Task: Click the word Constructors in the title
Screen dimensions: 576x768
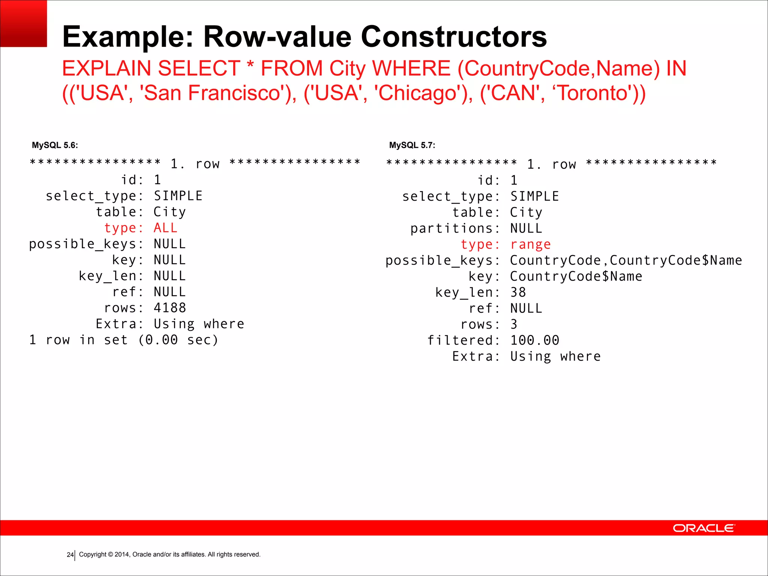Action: [x=454, y=37]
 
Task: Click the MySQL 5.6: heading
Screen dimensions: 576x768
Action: [x=55, y=145]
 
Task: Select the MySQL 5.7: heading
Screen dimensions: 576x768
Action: [x=412, y=145]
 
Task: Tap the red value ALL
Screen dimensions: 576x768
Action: [x=165, y=228]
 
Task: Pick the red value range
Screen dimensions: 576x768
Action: [x=530, y=244]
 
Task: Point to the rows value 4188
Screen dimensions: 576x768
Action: [x=169, y=308]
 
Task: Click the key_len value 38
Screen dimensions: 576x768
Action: [x=518, y=292]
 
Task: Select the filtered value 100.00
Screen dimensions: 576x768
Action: [x=534, y=340]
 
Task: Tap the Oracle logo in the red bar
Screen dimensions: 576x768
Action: [x=704, y=528]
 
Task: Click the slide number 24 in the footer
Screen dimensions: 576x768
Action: [x=70, y=555]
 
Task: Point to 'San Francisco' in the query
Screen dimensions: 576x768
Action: [x=212, y=93]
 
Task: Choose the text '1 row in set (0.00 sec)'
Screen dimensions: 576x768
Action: [x=124, y=340]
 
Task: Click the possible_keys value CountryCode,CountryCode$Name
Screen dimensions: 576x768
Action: [x=626, y=260]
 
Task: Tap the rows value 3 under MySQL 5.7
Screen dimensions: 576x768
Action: [x=514, y=324]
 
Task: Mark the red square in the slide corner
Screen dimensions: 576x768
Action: [x=23, y=23]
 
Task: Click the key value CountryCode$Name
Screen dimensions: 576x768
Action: [x=576, y=276]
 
